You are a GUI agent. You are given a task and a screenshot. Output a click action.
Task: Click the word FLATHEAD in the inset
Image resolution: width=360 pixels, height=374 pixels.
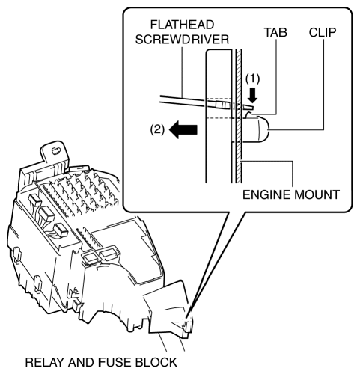pyautogui.click(x=182, y=25)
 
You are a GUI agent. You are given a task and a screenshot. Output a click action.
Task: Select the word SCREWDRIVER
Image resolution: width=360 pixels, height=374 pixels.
pyautogui.click(x=182, y=40)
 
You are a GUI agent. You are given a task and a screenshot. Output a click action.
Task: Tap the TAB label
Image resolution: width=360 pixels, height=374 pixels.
pyautogui.click(x=275, y=32)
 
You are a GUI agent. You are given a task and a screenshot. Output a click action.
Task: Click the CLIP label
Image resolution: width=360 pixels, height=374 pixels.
pyautogui.click(x=323, y=32)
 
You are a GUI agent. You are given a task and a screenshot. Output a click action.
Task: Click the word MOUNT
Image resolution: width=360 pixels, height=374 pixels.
pyautogui.click(x=317, y=194)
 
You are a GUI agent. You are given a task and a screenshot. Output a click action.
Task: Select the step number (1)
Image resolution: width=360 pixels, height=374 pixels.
pyautogui.click(x=253, y=79)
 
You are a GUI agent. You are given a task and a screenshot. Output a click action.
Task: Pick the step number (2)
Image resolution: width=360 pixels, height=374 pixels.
pyautogui.click(x=157, y=130)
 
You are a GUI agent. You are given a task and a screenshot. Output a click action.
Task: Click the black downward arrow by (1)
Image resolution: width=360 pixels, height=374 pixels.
pyautogui.click(x=253, y=95)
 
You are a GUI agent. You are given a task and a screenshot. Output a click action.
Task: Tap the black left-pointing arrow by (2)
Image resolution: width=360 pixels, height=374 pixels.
pyautogui.click(x=183, y=129)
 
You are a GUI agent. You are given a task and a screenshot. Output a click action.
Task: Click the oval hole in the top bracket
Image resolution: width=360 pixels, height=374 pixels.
pyautogui.click(x=56, y=150)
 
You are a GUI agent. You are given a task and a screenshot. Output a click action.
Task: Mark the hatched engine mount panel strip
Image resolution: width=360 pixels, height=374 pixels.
pyautogui.click(x=239, y=116)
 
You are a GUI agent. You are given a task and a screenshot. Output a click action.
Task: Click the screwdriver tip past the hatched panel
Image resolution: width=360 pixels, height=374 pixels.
pyautogui.click(x=248, y=107)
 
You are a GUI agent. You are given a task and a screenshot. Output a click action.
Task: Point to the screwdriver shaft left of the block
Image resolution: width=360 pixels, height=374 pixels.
pyautogui.click(x=183, y=100)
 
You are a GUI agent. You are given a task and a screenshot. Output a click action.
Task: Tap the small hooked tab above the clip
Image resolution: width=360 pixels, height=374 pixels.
pyautogui.click(x=249, y=114)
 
